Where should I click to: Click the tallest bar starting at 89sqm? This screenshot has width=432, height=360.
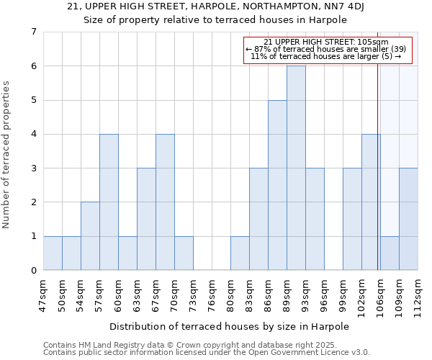tap(296, 168)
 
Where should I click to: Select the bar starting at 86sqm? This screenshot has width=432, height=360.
tap(277, 185)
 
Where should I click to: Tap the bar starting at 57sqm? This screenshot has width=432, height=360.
tap(109, 202)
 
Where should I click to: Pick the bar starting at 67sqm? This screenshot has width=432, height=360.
tap(165, 202)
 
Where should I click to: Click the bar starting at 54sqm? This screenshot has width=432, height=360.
tap(90, 236)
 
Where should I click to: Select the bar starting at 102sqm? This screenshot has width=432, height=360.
tap(371, 202)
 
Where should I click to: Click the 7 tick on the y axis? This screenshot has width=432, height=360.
tap(33, 32)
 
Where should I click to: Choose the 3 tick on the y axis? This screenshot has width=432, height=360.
tap(33, 168)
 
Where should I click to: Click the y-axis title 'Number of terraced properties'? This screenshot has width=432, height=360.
tap(7, 155)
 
